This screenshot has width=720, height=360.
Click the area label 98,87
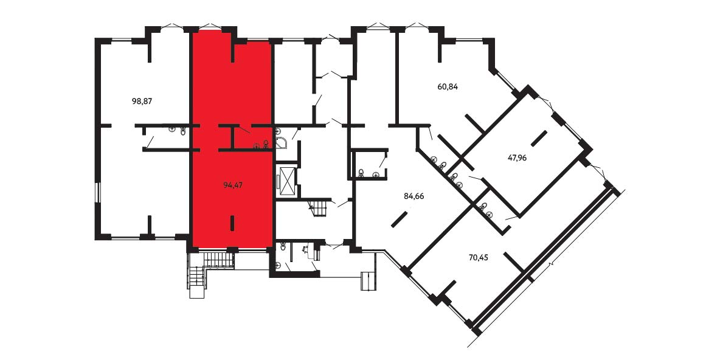(142, 102)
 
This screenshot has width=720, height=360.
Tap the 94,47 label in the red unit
(233, 185)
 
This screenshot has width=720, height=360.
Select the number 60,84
(448, 86)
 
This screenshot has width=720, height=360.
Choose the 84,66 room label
(414, 196)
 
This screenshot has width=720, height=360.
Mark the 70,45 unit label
(478, 257)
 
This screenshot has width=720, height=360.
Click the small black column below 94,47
(232, 223)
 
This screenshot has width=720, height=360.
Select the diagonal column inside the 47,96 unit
(539, 138)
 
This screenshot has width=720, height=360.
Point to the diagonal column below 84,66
(400, 219)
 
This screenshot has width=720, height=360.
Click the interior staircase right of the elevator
(320, 207)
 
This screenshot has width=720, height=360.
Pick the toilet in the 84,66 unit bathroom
(362, 173)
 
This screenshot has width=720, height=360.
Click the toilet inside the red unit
(266, 144)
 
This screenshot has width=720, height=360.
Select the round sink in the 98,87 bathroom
(171, 129)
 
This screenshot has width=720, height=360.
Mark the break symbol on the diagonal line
(553, 265)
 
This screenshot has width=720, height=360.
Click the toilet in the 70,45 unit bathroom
(484, 206)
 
